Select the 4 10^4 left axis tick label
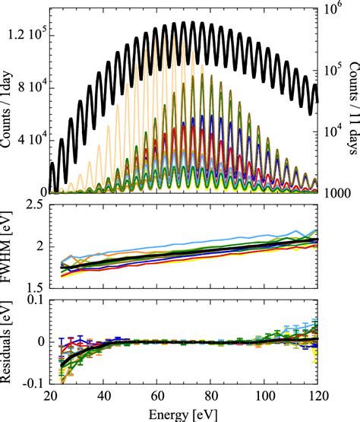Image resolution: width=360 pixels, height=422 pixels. (33, 140)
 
